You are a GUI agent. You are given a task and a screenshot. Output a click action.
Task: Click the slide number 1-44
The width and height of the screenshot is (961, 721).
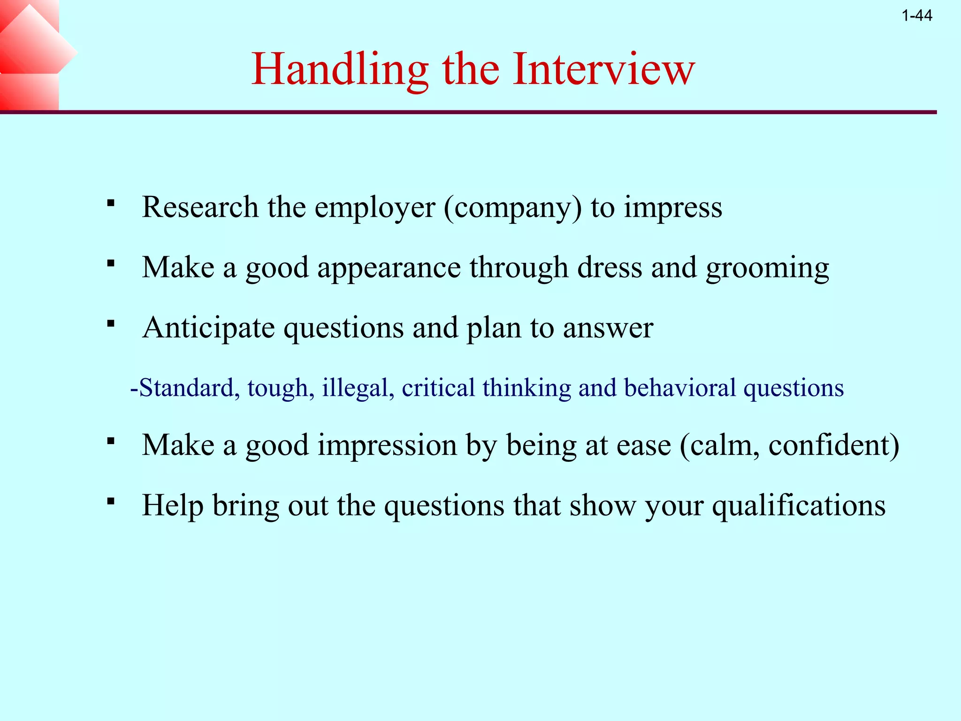(x=916, y=16)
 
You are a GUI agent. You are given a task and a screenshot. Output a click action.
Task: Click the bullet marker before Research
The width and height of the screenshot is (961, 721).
(x=111, y=204)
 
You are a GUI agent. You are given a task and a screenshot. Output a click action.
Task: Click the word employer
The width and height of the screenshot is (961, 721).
(x=374, y=207)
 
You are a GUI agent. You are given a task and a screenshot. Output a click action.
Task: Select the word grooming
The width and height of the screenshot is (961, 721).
(x=767, y=268)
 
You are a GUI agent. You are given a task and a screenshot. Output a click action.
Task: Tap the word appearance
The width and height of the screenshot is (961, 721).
(x=389, y=268)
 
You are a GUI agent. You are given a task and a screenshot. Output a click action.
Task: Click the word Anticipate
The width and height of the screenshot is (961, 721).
(x=209, y=328)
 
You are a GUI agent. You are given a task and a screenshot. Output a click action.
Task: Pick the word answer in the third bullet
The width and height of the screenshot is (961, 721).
(x=608, y=328)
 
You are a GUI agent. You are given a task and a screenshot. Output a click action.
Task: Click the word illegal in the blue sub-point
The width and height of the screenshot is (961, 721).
(x=358, y=388)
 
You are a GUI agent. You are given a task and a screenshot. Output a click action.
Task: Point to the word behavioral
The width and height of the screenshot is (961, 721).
(x=680, y=388)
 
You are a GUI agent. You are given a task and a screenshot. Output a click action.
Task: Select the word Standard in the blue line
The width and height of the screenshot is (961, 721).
(x=186, y=388)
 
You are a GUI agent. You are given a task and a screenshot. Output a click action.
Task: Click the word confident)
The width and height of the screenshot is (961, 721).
(x=834, y=445)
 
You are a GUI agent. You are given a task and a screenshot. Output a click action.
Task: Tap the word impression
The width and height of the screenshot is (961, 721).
(x=387, y=445)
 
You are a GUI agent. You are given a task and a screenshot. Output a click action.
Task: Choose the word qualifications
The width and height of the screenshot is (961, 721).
(x=799, y=506)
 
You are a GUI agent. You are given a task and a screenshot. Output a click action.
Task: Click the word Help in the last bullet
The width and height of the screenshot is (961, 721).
(x=173, y=506)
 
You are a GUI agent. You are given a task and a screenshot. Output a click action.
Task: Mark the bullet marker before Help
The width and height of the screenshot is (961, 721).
(x=111, y=501)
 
